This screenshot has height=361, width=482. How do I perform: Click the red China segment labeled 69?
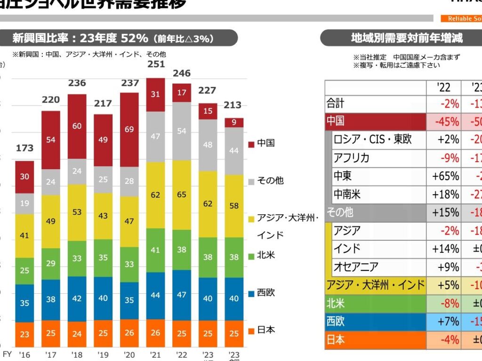(x=130, y=129)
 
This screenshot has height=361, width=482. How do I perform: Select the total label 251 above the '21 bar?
(x=156, y=64)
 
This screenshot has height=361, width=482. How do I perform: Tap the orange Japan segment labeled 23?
(x=24, y=334)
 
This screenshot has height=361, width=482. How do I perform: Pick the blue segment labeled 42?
(x=77, y=298)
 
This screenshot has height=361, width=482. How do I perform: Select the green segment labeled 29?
(x=51, y=264)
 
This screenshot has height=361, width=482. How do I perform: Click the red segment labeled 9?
(x=234, y=123)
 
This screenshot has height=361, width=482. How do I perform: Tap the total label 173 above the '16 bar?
(x=24, y=148)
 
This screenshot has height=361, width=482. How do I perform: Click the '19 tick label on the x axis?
(x=103, y=354)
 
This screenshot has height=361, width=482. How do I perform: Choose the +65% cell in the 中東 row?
(x=445, y=176)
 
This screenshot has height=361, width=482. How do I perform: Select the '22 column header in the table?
(x=444, y=87)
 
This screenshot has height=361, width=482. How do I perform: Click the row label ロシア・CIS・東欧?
(x=372, y=140)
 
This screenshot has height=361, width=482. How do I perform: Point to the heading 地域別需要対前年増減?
(x=407, y=38)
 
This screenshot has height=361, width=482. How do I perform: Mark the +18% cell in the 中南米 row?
(x=445, y=194)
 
